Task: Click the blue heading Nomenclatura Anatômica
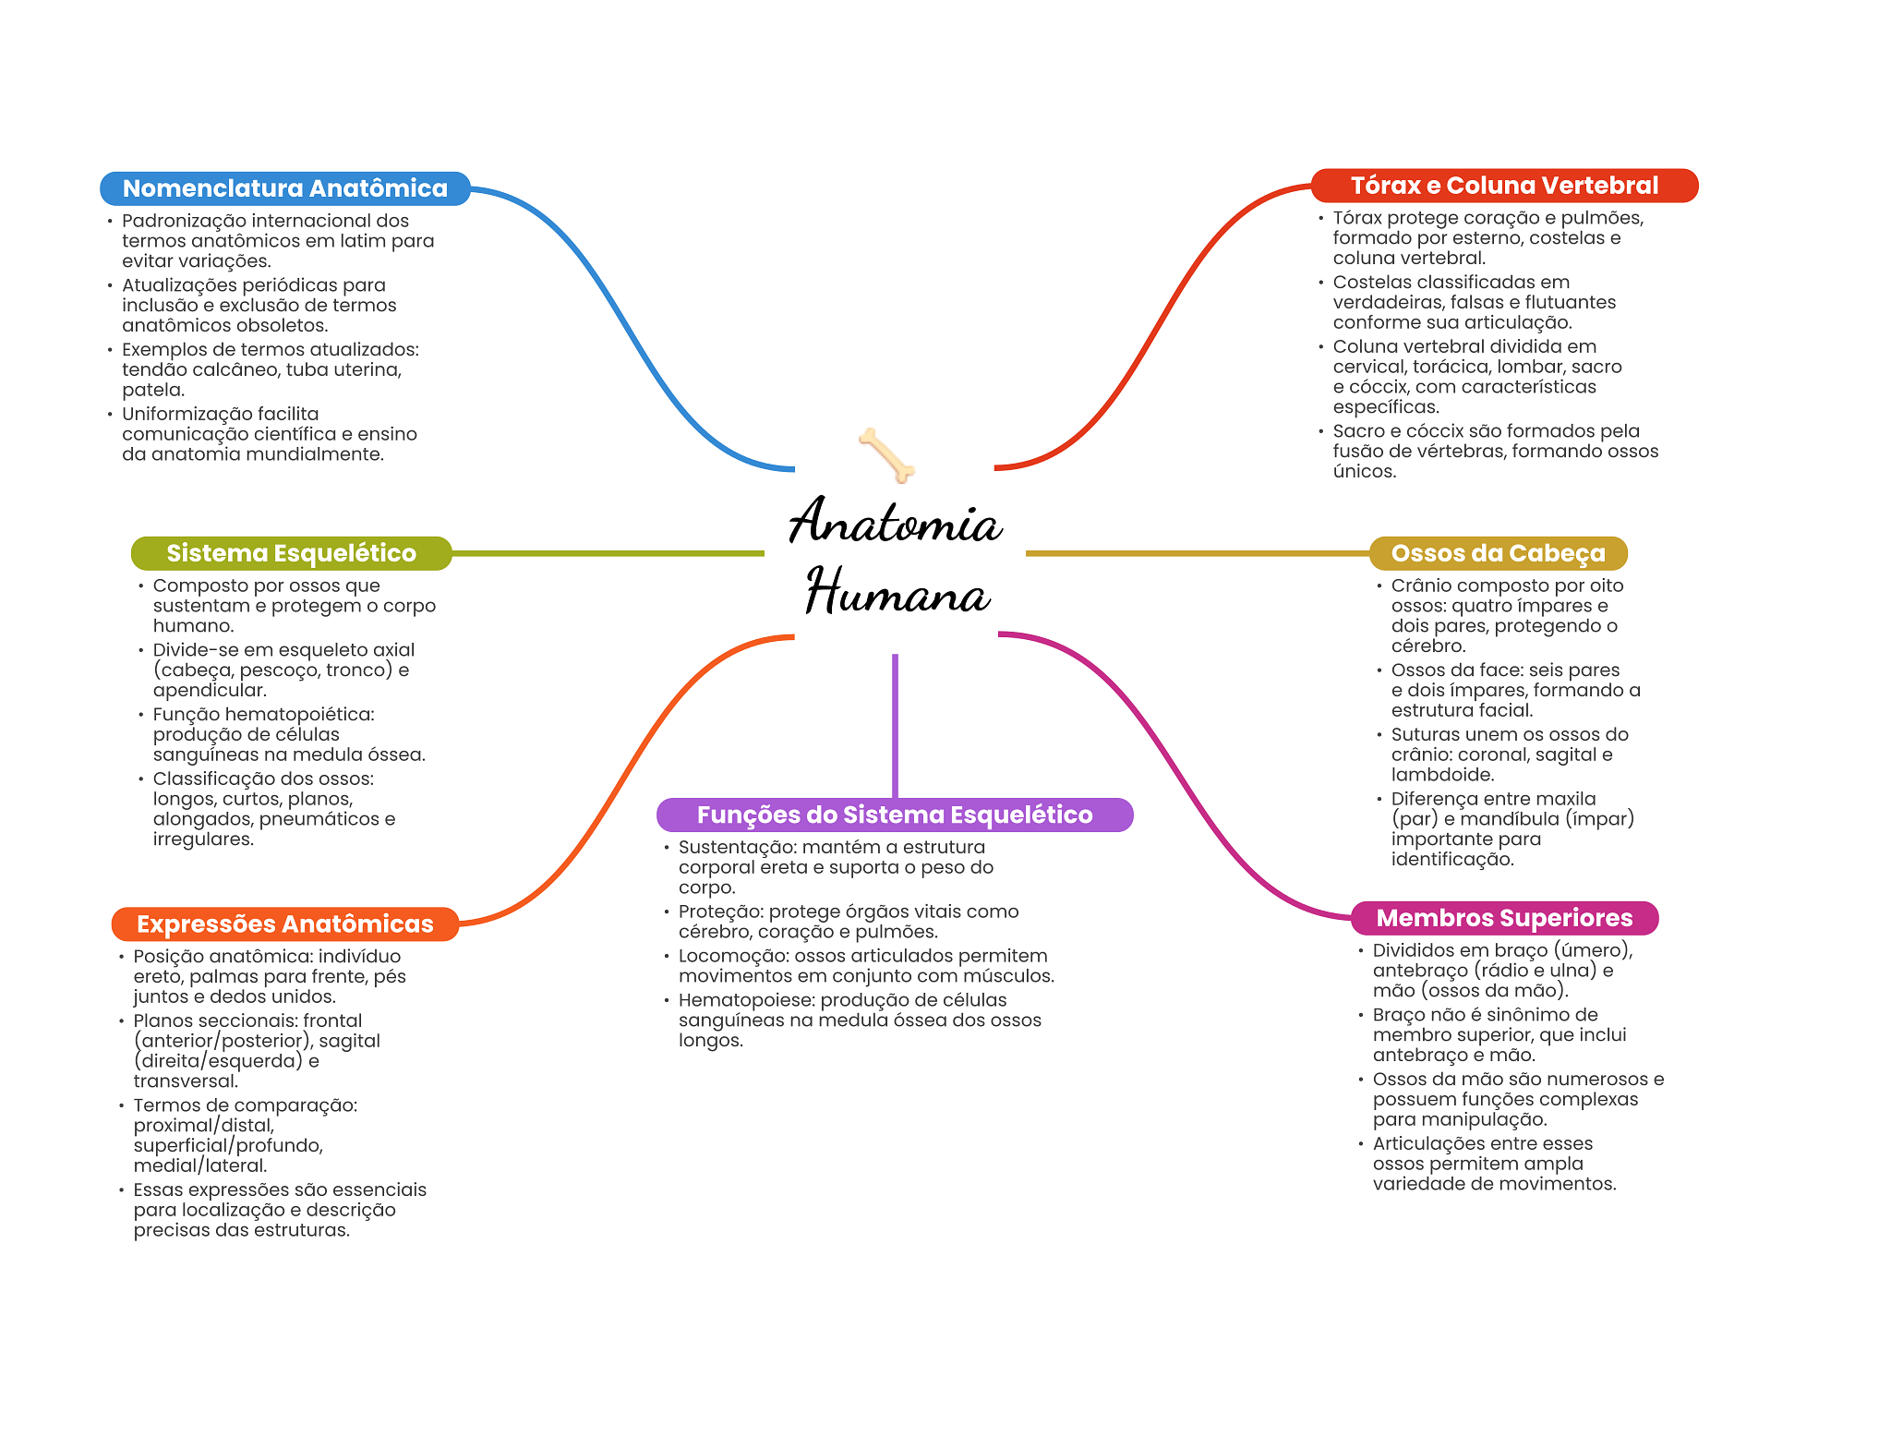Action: coord(284,188)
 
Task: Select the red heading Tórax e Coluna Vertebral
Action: coord(1504,186)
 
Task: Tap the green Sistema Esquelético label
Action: coord(291,553)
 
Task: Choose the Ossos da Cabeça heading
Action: coord(1498,553)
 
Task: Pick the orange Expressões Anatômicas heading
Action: coord(284,924)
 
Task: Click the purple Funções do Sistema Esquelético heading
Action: coord(894,815)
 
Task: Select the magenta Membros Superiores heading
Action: coord(1504,918)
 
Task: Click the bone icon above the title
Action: coord(886,454)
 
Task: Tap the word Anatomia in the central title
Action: coord(895,522)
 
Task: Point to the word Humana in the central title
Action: coord(897,593)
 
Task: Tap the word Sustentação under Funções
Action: coord(736,848)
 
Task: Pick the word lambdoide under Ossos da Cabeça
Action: coord(1442,775)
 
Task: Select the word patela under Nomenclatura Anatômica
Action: coord(153,390)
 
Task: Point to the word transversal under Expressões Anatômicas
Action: coord(185,1081)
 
